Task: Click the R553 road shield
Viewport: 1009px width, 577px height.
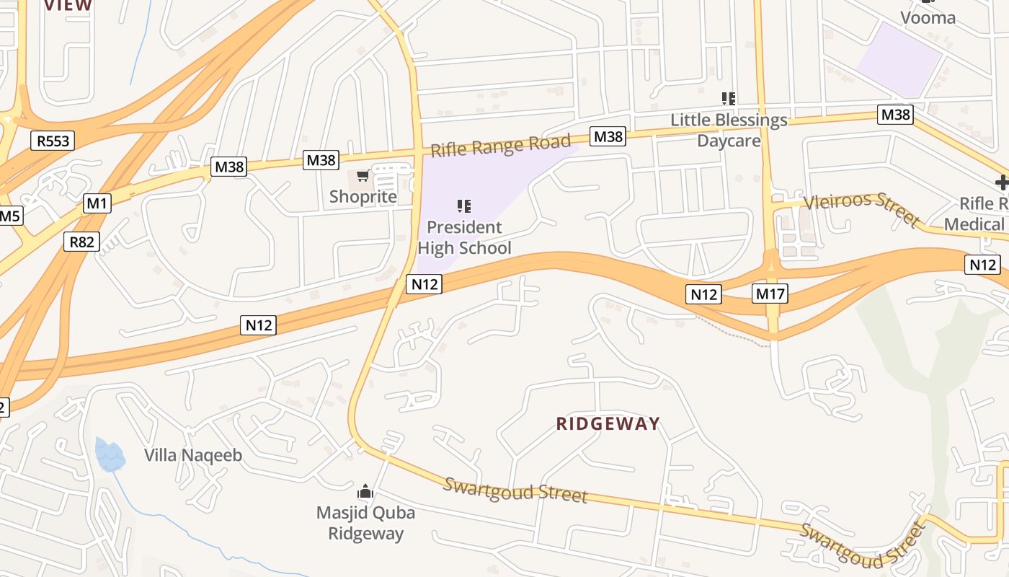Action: click(53, 140)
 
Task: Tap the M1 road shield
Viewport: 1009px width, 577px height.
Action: click(97, 203)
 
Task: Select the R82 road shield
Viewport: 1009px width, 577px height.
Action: click(81, 242)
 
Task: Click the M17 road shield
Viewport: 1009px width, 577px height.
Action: click(770, 294)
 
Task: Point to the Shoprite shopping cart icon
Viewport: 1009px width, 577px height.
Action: click(363, 176)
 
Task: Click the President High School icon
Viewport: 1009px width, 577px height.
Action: click(464, 207)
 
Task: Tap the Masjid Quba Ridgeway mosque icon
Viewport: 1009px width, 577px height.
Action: click(365, 492)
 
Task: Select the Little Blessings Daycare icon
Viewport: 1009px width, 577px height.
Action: click(729, 99)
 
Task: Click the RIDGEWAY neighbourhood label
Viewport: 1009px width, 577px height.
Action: click(608, 423)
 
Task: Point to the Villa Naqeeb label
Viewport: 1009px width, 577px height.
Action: click(193, 455)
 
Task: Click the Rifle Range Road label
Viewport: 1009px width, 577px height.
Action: click(500, 146)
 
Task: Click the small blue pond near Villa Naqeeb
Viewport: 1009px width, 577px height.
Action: click(110, 454)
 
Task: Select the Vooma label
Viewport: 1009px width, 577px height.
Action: click(928, 17)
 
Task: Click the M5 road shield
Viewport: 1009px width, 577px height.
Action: click(9, 216)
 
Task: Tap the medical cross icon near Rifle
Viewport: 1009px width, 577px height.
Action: click(1002, 182)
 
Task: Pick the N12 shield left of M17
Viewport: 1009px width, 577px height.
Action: click(703, 294)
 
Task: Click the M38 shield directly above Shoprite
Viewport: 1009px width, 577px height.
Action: click(321, 159)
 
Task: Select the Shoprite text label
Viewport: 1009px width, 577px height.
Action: click(363, 196)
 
